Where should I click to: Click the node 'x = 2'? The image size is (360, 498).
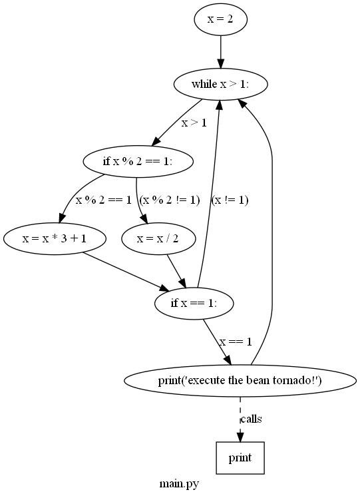click(x=220, y=19)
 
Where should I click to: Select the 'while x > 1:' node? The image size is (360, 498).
click(x=220, y=85)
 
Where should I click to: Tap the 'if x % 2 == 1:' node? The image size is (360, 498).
click(x=138, y=161)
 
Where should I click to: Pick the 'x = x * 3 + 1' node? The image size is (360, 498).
click(x=55, y=238)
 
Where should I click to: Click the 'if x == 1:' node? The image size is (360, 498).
click(x=194, y=304)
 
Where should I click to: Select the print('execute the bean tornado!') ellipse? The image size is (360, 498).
click(x=240, y=381)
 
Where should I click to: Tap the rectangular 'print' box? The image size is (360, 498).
click(x=240, y=458)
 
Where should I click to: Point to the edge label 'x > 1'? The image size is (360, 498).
click(x=194, y=123)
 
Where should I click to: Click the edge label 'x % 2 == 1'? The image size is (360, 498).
click(x=103, y=200)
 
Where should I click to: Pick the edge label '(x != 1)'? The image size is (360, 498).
click(x=230, y=200)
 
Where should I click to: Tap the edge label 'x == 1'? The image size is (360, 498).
click(x=236, y=342)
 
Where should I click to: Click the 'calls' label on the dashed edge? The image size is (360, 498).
click(x=251, y=419)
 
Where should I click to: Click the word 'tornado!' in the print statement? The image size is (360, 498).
click(x=300, y=381)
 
